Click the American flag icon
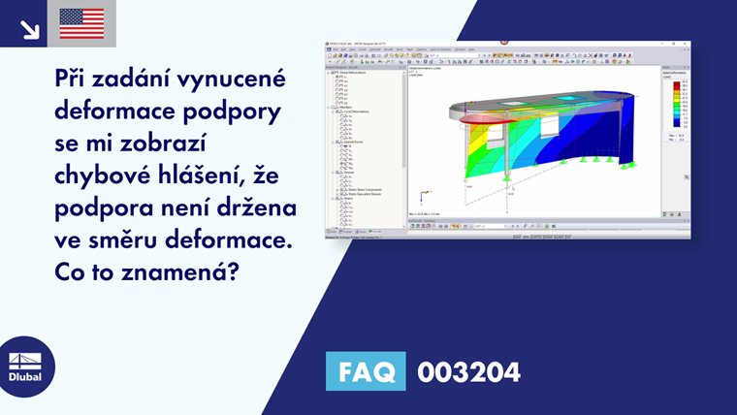pyautogui.click(x=81, y=23)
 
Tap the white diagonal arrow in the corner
pyautogui.click(x=29, y=29)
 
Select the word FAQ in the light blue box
pyautogui.click(x=366, y=371)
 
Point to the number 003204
pyautogui.click(x=468, y=371)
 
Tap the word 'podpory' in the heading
pyautogui.click(x=238, y=113)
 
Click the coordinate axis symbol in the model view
pyautogui.click(x=421, y=195)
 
